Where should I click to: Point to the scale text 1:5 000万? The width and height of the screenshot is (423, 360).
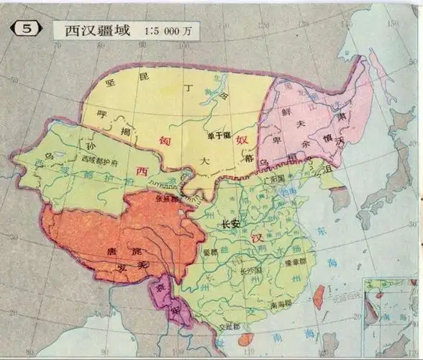coord(168,32)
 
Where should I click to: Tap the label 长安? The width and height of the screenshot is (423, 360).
coord(232,223)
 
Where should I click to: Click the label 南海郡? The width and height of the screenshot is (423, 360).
coord(270,307)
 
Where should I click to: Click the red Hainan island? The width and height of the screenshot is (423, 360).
coord(246,339)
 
